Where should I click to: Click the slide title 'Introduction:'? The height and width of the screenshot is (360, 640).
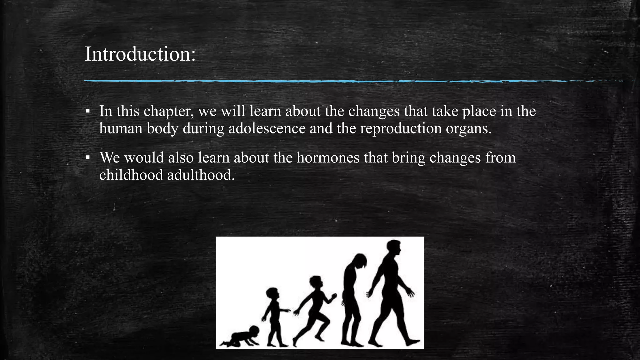click(140, 54)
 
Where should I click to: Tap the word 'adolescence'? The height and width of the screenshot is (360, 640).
click(267, 128)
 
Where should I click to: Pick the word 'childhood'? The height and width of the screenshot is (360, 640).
click(131, 175)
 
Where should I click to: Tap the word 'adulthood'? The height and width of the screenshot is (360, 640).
click(201, 175)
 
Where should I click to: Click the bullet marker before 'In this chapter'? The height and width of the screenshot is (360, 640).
click(88, 111)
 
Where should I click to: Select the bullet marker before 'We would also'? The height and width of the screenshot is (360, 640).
click(88, 158)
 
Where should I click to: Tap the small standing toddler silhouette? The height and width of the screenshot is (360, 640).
click(274, 316)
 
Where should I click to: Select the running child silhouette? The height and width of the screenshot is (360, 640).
click(314, 309)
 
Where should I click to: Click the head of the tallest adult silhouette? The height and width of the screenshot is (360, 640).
click(393, 248)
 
